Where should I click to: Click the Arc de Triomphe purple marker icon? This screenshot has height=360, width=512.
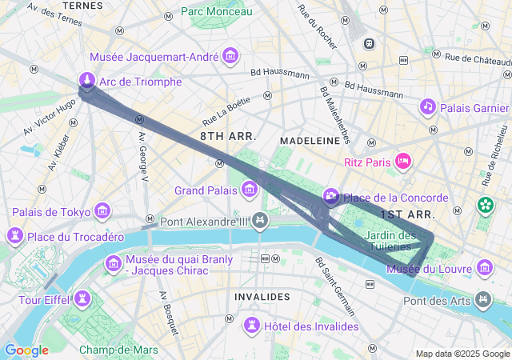point(87,80)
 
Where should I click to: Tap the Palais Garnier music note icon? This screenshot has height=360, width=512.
point(428,106)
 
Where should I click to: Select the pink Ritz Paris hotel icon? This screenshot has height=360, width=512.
point(404,162)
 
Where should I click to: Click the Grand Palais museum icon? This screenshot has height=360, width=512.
point(250,190)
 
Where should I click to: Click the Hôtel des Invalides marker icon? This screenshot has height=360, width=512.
point(252,325)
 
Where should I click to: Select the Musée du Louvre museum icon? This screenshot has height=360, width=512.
point(484,267)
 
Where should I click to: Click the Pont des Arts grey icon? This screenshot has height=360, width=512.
point(483,300)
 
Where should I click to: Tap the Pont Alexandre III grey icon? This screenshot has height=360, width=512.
point(259,220)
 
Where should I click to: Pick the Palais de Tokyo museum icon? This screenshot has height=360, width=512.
point(102,211)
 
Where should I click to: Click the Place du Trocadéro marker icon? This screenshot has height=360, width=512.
point(14,236)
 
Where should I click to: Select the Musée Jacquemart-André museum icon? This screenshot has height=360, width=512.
point(230,56)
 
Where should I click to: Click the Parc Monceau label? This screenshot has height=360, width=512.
point(216,11)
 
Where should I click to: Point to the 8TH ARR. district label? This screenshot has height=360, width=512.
point(228,137)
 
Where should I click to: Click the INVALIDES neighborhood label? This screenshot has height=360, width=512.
point(262,297)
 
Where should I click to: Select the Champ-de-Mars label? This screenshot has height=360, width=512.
point(118,350)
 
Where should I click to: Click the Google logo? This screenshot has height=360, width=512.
point(26,350)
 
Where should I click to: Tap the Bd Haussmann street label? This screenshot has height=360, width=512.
point(280,74)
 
